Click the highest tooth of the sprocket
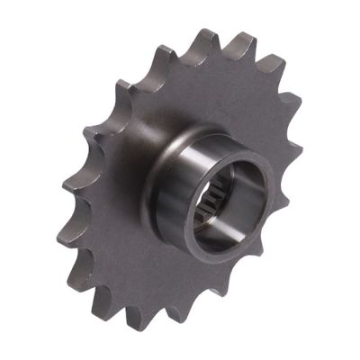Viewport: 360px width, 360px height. click(208, 38)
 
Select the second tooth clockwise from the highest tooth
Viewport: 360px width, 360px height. click(273, 66)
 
